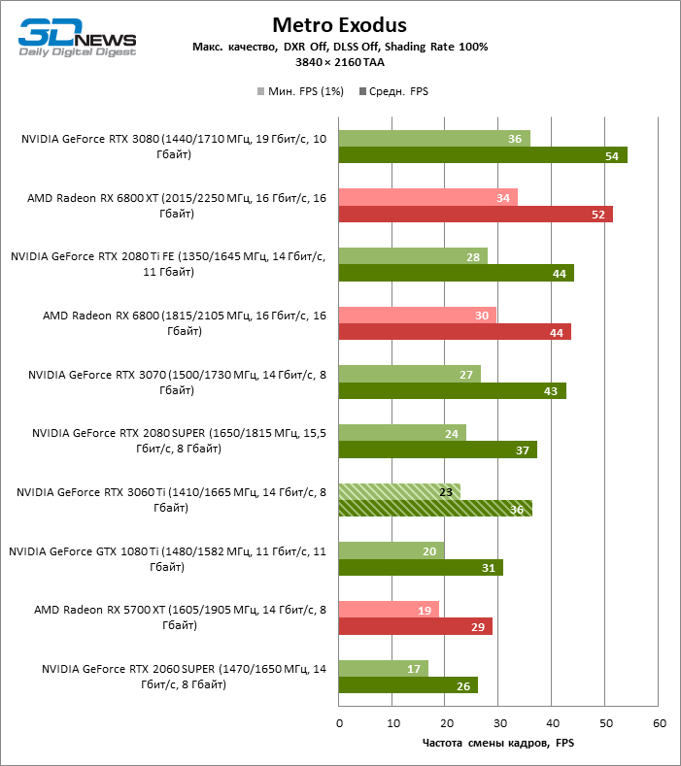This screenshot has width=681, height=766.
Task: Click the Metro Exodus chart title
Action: (339, 24)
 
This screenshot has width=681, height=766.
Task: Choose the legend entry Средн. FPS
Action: (393, 91)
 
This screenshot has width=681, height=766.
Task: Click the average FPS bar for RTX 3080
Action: (483, 155)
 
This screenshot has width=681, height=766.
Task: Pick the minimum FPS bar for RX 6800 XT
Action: (428, 198)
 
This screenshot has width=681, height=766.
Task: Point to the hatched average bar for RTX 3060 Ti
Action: (435, 508)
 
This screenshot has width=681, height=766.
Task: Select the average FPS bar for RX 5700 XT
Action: (416, 626)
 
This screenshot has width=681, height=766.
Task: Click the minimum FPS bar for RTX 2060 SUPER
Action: (384, 668)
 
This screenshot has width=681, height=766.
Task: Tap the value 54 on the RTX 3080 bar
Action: (611, 155)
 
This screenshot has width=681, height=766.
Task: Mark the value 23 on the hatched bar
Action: (446, 491)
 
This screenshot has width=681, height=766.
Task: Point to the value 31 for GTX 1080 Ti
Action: (489, 568)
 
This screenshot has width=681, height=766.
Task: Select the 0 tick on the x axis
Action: (339, 723)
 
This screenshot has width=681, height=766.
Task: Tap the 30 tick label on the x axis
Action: (498, 723)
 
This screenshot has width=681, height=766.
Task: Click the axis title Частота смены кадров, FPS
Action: (498, 744)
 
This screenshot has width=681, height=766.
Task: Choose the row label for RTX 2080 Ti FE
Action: (167, 264)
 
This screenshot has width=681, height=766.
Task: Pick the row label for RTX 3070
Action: (175, 382)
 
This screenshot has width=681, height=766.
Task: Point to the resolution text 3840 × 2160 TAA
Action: (339, 61)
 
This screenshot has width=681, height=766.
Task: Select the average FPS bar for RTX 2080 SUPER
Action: (437, 450)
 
